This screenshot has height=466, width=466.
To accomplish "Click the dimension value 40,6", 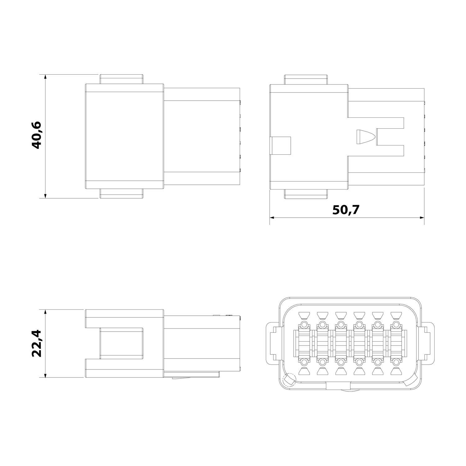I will [37, 135].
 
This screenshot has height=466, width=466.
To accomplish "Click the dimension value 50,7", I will [346, 210].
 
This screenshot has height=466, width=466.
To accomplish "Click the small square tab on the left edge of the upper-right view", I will [281, 145].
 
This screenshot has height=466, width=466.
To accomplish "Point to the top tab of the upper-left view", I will [121, 79].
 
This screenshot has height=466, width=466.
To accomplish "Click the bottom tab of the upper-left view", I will [121, 194].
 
